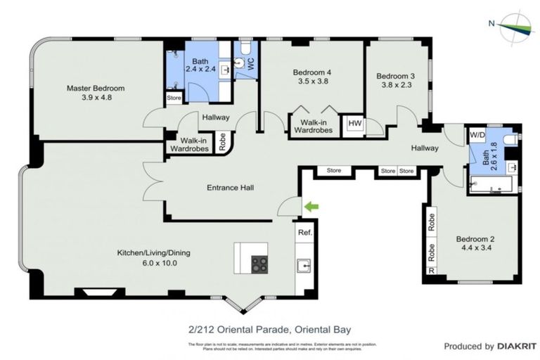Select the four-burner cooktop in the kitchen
[x=259, y=264]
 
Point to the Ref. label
[x=304, y=232]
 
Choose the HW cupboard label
[x=354, y=125]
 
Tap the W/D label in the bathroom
[x=477, y=134]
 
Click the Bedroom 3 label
[x=396, y=76]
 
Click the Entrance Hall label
[x=230, y=188]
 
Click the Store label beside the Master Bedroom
[x=173, y=97]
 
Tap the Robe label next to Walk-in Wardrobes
[x=222, y=142]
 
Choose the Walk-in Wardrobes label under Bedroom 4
[x=313, y=126]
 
